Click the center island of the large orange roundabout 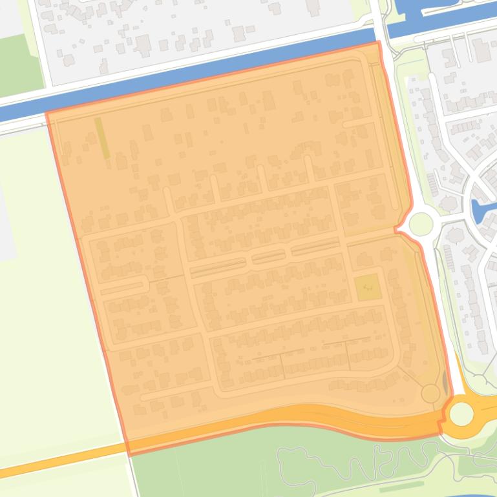coord(461,414)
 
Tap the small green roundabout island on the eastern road coord(420,225)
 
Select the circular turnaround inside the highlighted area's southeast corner coord(430,392)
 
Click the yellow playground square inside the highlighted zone coord(368,287)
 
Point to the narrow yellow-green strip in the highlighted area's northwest coord(102,137)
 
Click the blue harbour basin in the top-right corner coord(439,13)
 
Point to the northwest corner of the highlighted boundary coord(47,114)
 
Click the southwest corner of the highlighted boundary coord(129,454)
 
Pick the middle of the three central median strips coord(268,258)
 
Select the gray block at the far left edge coord(6,213)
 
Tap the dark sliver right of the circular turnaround coord(445,387)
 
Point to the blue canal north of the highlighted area coord(194,71)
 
